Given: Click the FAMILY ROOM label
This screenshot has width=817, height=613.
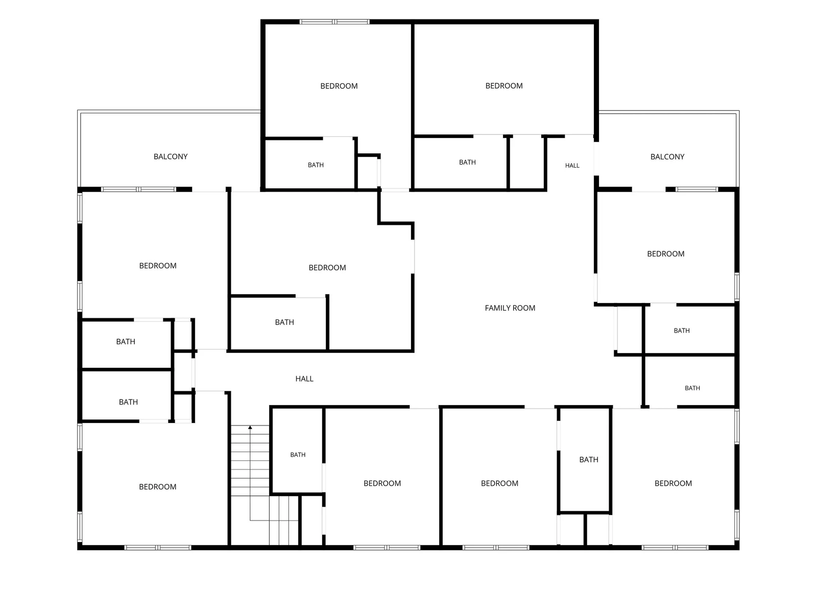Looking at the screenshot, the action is (x=510, y=308).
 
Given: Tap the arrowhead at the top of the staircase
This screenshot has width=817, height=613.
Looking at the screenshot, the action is (x=250, y=427).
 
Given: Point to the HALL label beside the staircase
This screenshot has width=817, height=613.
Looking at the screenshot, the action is (x=304, y=379).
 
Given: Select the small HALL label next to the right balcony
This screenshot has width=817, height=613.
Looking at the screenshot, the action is (x=572, y=165).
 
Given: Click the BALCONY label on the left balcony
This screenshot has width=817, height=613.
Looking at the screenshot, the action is (x=171, y=156).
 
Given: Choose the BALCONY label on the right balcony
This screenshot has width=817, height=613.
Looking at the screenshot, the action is (x=667, y=157).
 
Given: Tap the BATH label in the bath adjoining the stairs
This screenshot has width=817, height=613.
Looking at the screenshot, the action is (x=298, y=455).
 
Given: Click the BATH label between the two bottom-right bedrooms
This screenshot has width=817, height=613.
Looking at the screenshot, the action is (x=588, y=460).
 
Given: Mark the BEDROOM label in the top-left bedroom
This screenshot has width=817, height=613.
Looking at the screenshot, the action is (x=339, y=86).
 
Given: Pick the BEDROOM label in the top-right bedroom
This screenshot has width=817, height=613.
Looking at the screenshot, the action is (x=503, y=86).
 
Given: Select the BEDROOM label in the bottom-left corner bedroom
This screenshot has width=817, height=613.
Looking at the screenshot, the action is (x=157, y=487).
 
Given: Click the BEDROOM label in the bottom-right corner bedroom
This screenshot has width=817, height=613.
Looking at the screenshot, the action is (x=673, y=483).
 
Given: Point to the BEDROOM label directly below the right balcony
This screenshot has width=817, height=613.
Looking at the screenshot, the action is (x=665, y=254).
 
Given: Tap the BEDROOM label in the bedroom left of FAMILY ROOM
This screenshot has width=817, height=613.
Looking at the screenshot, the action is (x=327, y=268).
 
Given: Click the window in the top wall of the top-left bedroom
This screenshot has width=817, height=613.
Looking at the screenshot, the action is (x=334, y=22).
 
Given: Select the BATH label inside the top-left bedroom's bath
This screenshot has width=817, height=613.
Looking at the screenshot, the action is (x=316, y=165).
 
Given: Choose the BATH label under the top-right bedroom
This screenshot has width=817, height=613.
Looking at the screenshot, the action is (x=467, y=162).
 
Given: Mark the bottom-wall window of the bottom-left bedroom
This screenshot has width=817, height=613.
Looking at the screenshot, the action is (x=157, y=548).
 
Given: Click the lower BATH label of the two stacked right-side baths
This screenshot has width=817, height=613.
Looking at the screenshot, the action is (x=692, y=388).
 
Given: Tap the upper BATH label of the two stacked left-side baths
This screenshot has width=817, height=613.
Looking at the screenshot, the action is (x=126, y=341).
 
